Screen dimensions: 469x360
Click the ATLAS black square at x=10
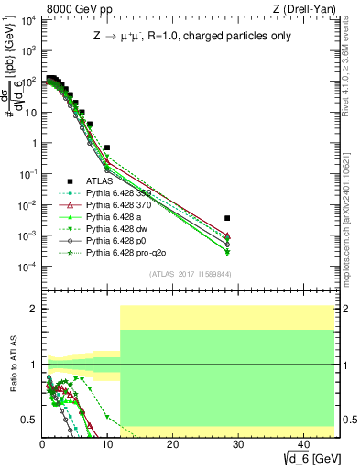[107, 147]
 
